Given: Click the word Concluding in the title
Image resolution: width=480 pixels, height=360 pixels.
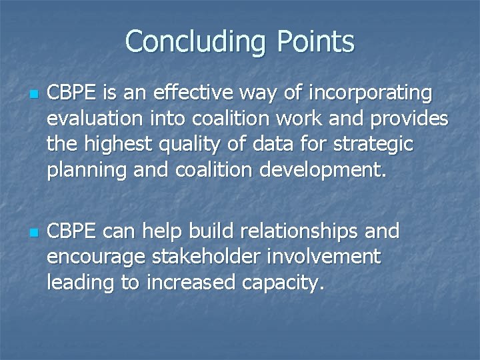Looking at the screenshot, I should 194,41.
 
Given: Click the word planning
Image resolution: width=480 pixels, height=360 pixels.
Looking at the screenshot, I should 87,169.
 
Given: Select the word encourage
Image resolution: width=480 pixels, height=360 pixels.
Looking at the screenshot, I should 97,257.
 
